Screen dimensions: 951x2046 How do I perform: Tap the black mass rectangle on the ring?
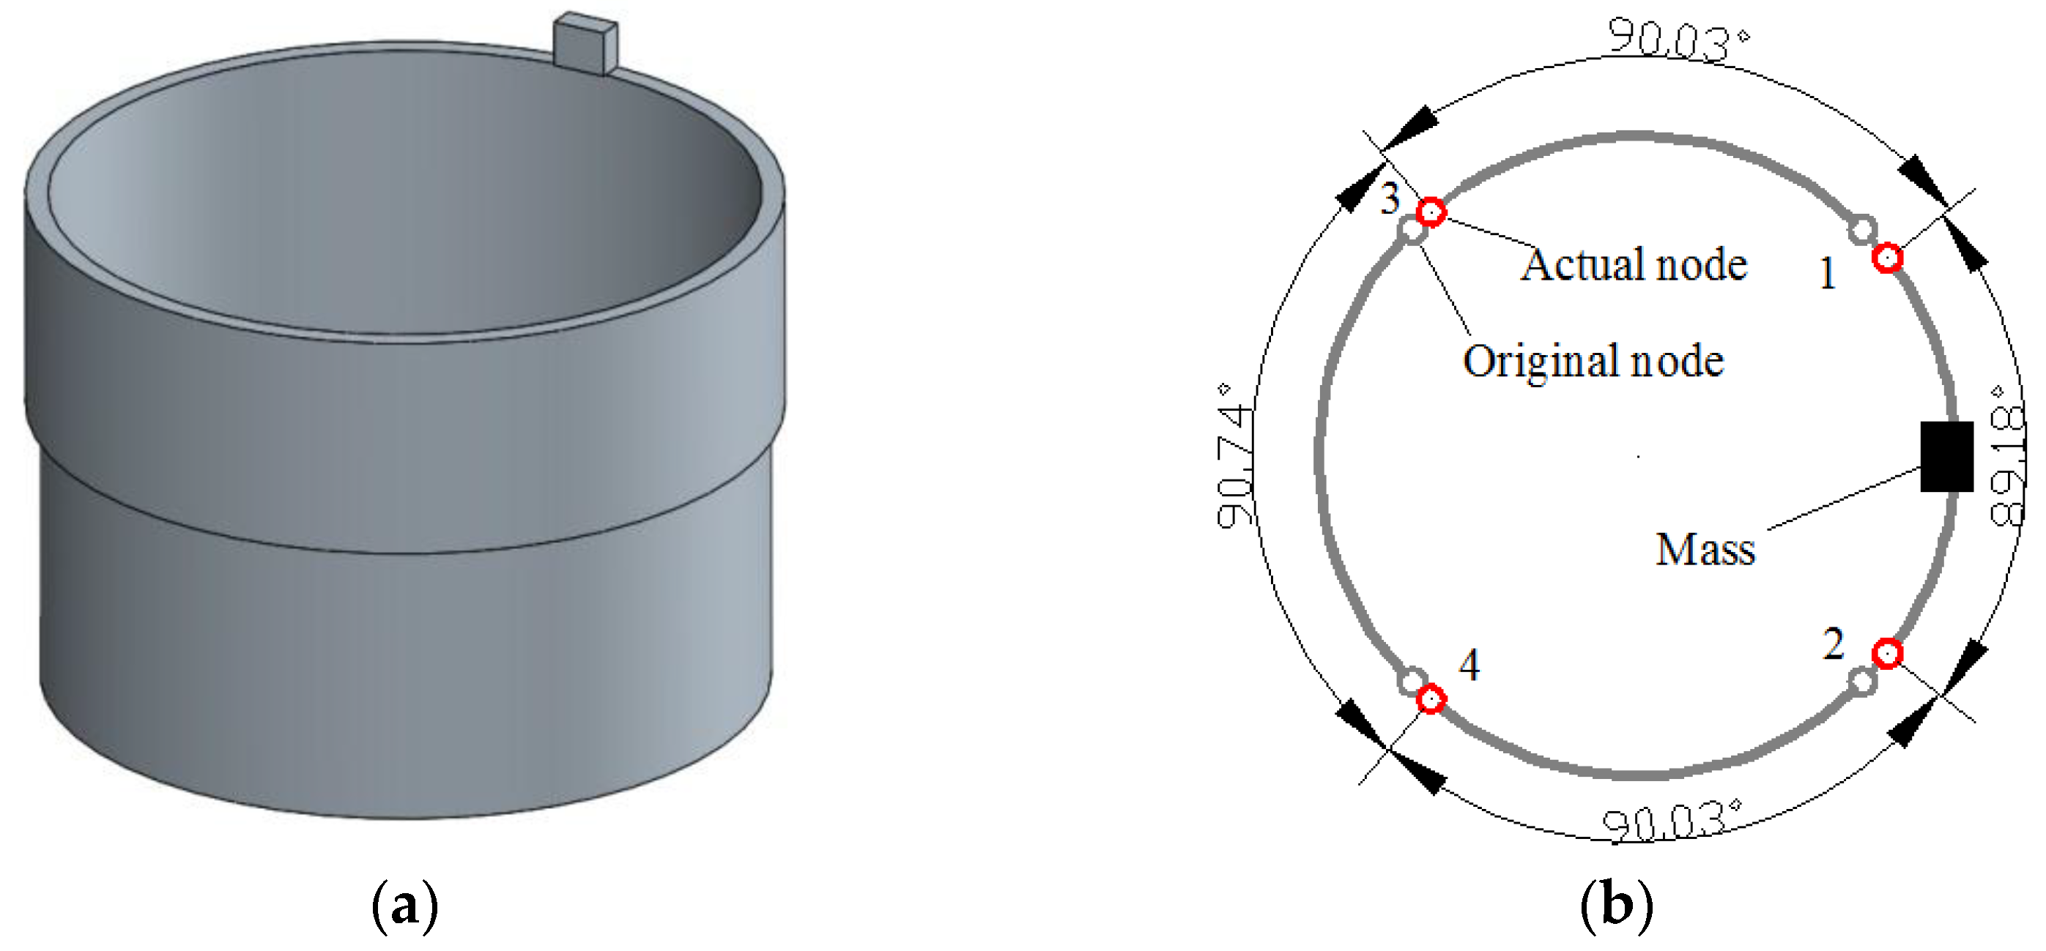tap(1946, 456)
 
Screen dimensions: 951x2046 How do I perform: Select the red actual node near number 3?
tap(1431, 212)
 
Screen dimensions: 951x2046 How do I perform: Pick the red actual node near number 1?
tap(1887, 258)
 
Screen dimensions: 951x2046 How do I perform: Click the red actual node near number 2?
tap(1887, 653)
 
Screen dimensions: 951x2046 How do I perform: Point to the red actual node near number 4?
tap(1431, 699)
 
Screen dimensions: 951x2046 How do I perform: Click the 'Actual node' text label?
tap(1634, 264)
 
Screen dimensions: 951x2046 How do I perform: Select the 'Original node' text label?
tap(1593, 362)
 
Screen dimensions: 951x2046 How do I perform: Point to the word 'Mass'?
tap(1705, 549)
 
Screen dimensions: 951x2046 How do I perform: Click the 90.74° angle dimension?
tap(1235, 456)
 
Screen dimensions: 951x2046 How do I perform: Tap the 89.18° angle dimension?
tap(2007, 456)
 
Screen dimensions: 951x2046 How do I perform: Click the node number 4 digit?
tap(1469, 665)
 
